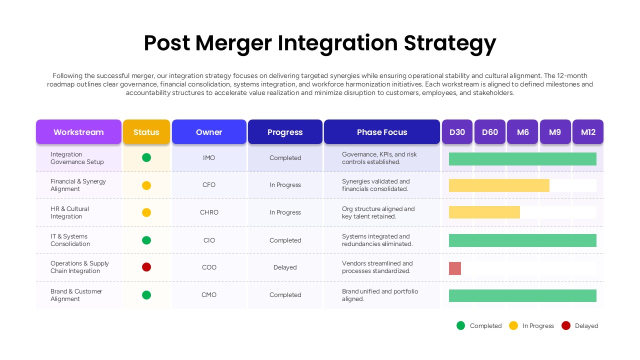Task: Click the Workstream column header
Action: (x=78, y=132)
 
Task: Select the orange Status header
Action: (x=146, y=132)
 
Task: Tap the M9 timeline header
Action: (x=555, y=132)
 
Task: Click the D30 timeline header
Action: (x=457, y=132)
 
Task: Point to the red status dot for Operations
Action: (x=146, y=267)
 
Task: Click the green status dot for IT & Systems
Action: (x=146, y=240)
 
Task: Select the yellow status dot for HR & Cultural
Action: (x=146, y=212)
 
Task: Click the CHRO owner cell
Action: (x=209, y=212)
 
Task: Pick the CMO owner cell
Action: (x=209, y=295)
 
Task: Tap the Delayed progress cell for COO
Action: (x=285, y=267)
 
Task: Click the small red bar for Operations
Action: (x=455, y=268)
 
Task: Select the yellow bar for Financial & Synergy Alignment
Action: (x=499, y=185)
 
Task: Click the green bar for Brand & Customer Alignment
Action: (x=522, y=295)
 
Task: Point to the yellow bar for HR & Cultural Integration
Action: (x=484, y=212)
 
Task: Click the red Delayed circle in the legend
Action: (x=566, y=325)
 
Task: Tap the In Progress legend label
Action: (x=538, y=326)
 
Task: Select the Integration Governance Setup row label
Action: (x=77, y=158)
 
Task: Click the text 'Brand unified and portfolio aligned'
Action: (x=379, y=295)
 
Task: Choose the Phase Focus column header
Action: (x=382, y=132)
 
